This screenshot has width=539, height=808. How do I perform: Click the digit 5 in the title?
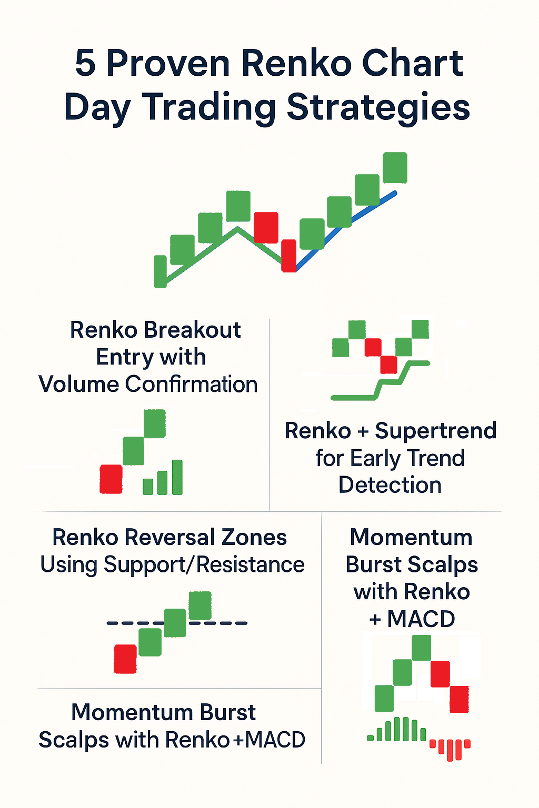86,64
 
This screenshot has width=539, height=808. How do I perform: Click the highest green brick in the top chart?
395,167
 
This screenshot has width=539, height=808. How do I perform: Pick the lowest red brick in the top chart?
288,256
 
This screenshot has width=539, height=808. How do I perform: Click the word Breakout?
192,330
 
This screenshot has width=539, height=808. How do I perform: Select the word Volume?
79,385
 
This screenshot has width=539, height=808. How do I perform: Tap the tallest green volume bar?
177,477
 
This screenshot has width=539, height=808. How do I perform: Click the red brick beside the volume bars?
111,479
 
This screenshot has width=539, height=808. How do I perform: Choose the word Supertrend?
436,431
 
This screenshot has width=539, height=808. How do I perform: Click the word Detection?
390,485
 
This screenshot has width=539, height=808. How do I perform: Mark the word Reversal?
170,538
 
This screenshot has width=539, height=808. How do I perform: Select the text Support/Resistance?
204,565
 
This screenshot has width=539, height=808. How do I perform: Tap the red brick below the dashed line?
125,659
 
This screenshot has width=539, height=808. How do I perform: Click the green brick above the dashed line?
200,605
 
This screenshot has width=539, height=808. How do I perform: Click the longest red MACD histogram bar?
450,750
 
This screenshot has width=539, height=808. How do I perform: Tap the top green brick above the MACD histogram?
421,648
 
